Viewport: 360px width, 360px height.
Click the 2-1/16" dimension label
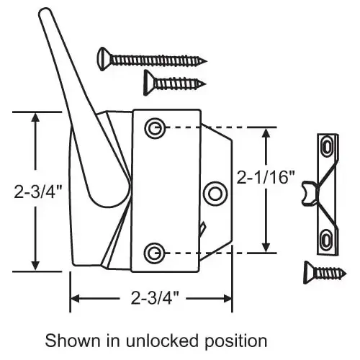pos(266,177)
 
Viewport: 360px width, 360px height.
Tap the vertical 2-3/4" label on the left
pos(38,191)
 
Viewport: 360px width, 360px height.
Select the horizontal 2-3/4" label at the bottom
pos(155,297)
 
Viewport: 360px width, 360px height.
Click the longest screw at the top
pos(152,59)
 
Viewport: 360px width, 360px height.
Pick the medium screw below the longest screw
pos(174,83)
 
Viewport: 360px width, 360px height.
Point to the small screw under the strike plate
pos(325,273)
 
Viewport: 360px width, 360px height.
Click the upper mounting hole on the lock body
pos(155,128)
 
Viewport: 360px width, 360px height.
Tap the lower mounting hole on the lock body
pos(155,253)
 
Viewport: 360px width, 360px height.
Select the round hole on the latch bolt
pos(215,194)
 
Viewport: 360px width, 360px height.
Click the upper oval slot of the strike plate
pos(327,147)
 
